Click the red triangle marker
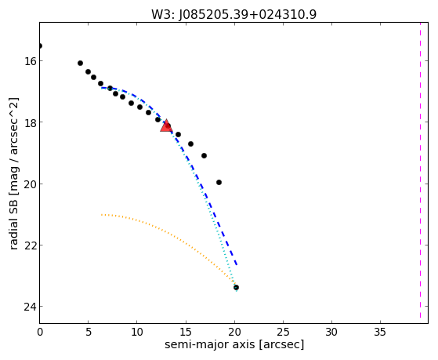click(166, 125)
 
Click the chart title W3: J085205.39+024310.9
click(233, 14)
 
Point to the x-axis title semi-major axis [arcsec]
click(234, 344)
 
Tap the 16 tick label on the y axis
click(29, 60)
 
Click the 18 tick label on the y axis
click(29, 122)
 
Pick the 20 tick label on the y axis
click(29, 184)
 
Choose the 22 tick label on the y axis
click(29, 245)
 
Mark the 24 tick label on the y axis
click(29, 307)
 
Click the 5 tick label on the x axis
click(89, 332)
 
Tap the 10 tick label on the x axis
click(137, 332)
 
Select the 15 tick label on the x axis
click(186, 332)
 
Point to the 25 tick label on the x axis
click(283, 332)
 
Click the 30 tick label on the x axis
click(332, 332)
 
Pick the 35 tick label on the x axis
click(381, 332)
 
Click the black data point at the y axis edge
click(40, 45)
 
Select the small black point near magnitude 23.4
click(236, 288)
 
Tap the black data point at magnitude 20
click(219, 183)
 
